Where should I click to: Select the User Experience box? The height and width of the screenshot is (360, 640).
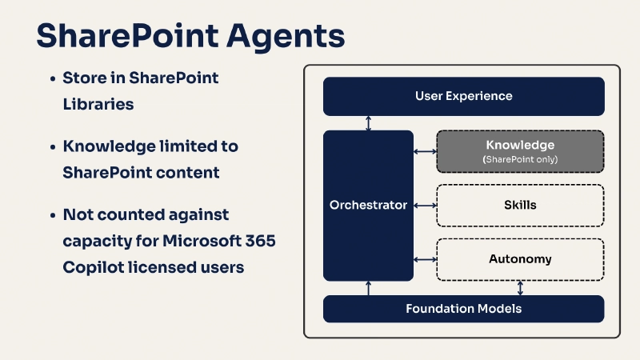click(x=463, y=96)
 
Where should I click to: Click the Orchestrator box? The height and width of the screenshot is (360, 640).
click(x=368, y=206)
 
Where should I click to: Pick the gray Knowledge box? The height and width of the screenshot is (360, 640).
click(x=520, y=151)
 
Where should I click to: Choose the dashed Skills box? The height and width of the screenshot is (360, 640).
click(x=520, y=206)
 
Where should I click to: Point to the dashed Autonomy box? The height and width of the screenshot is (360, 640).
click(x=520, y=259)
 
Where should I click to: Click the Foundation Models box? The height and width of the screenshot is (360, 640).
click(x=463, y=309)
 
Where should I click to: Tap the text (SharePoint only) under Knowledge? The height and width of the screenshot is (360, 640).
click(x=520, y=160)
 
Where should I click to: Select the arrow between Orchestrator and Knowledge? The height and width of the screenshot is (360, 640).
click(x=424, y=151)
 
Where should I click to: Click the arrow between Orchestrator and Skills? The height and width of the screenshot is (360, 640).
click(x=424, y=206)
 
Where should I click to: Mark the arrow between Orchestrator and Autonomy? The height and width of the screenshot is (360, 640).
click(x=424, y=259)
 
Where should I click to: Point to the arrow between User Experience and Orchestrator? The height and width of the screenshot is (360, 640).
click(x=368, y=123)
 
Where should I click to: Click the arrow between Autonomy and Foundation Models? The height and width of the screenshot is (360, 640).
click(x=521, y=288)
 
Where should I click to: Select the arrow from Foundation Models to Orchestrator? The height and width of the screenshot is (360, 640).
click(x=368, y=288)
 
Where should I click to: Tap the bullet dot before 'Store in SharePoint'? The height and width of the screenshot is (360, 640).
click(x=52, y=79)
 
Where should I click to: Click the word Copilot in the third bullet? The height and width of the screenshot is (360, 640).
click(x=93, y=266)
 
